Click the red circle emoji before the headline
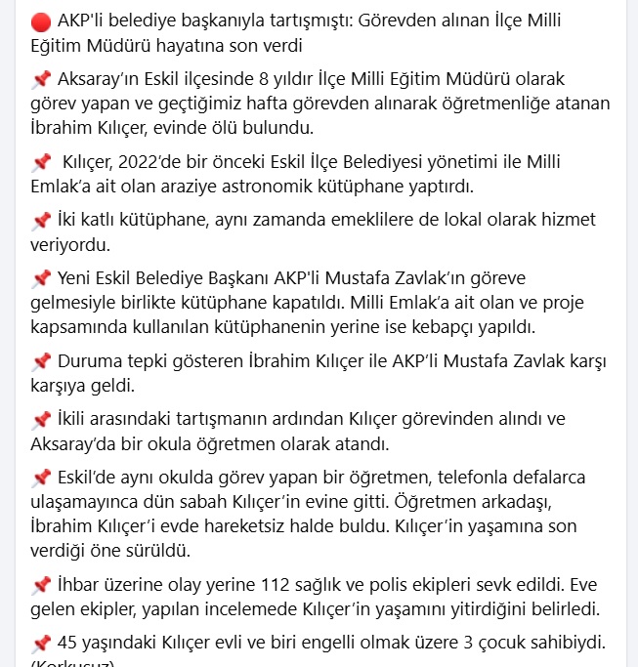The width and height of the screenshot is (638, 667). [x=40, y=21]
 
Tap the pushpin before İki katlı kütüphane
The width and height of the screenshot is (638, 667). [x=40, y=220]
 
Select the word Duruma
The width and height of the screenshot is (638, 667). [x=91, y=361]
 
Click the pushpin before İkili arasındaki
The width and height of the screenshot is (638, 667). [x=40, y=419]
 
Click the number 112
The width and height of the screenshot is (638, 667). [x=277, y=586]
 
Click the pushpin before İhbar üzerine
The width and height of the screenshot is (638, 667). [x=40, y=586]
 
